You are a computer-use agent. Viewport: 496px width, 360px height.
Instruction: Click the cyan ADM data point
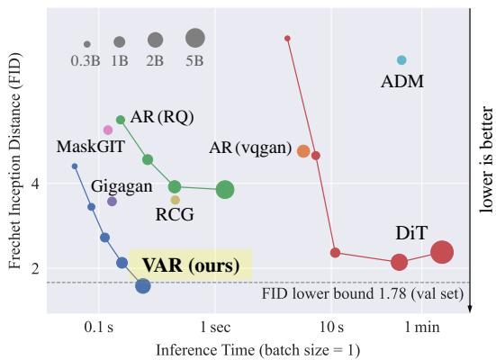click(x=401, y=59)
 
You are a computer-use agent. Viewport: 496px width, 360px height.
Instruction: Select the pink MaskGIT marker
click(x=108, y=130)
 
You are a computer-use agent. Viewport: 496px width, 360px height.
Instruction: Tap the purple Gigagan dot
click(x=112, y=202)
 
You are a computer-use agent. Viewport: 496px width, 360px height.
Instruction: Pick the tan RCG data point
click(x=176, y=200)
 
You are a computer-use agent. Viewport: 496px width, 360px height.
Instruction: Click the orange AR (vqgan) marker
click(x=303, y=151)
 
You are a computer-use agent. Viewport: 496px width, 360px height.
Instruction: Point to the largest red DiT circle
click(x=442, y=252)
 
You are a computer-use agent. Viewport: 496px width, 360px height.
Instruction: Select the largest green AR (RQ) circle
click(x=225, y=190)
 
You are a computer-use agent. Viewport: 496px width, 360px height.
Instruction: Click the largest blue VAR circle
click(x=143, y=286)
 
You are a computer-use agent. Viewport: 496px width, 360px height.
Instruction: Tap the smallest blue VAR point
click(x=75, y=166)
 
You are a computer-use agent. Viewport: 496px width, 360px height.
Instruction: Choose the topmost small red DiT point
click(x=287, y=39)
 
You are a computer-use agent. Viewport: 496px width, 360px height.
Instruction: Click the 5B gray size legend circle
click(x=195, y=38)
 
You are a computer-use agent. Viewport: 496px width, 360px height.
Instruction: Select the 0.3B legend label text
click(x=86, y=60)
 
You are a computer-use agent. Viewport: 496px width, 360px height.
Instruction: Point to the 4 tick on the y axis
click(x=36, y=184)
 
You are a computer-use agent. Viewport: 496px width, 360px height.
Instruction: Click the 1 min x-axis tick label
click(x=422, y=327)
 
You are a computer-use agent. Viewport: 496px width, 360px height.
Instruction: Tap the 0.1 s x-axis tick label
click(x=99, y=327)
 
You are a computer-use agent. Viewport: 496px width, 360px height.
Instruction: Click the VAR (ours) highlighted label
click(x=191, y=265)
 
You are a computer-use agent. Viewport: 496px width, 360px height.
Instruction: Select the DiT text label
click(x=411, y=233)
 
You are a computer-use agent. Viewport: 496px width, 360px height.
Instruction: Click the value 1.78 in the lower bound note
click(x=392, y=294)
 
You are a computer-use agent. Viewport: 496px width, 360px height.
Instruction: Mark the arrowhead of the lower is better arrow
click(x=470, y=309)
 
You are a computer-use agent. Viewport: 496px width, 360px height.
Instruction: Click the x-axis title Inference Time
click(x=205, y=350)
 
